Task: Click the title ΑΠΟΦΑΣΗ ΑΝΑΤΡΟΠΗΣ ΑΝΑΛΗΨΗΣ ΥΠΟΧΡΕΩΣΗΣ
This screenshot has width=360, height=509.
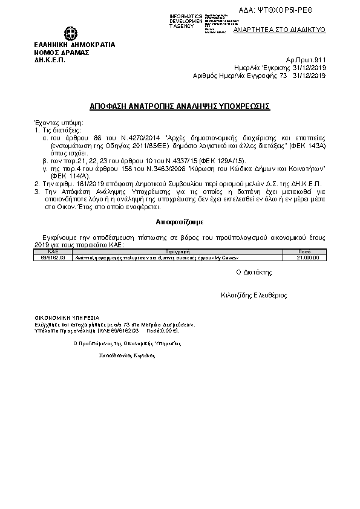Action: pyautogui.click(x=180, y=105)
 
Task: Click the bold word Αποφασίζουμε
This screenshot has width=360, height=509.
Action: pyautogui.click(x=180, y=221)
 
